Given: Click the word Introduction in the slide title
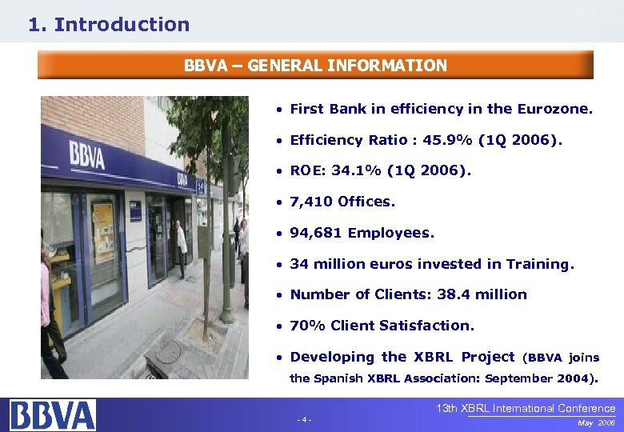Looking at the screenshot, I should (122, 25).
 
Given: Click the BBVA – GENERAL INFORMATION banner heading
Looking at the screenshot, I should (315, 66).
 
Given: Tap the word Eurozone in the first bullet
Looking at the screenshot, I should (555, 109).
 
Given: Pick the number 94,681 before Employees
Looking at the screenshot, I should (317, 233).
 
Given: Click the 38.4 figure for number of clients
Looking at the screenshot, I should (454, 294).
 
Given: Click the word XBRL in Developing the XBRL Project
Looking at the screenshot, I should (434, 357).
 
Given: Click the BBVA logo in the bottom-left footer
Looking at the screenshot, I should (53, 415).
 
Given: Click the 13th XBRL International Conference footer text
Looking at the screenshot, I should (526, 409).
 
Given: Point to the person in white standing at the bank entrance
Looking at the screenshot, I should (182, 248).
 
